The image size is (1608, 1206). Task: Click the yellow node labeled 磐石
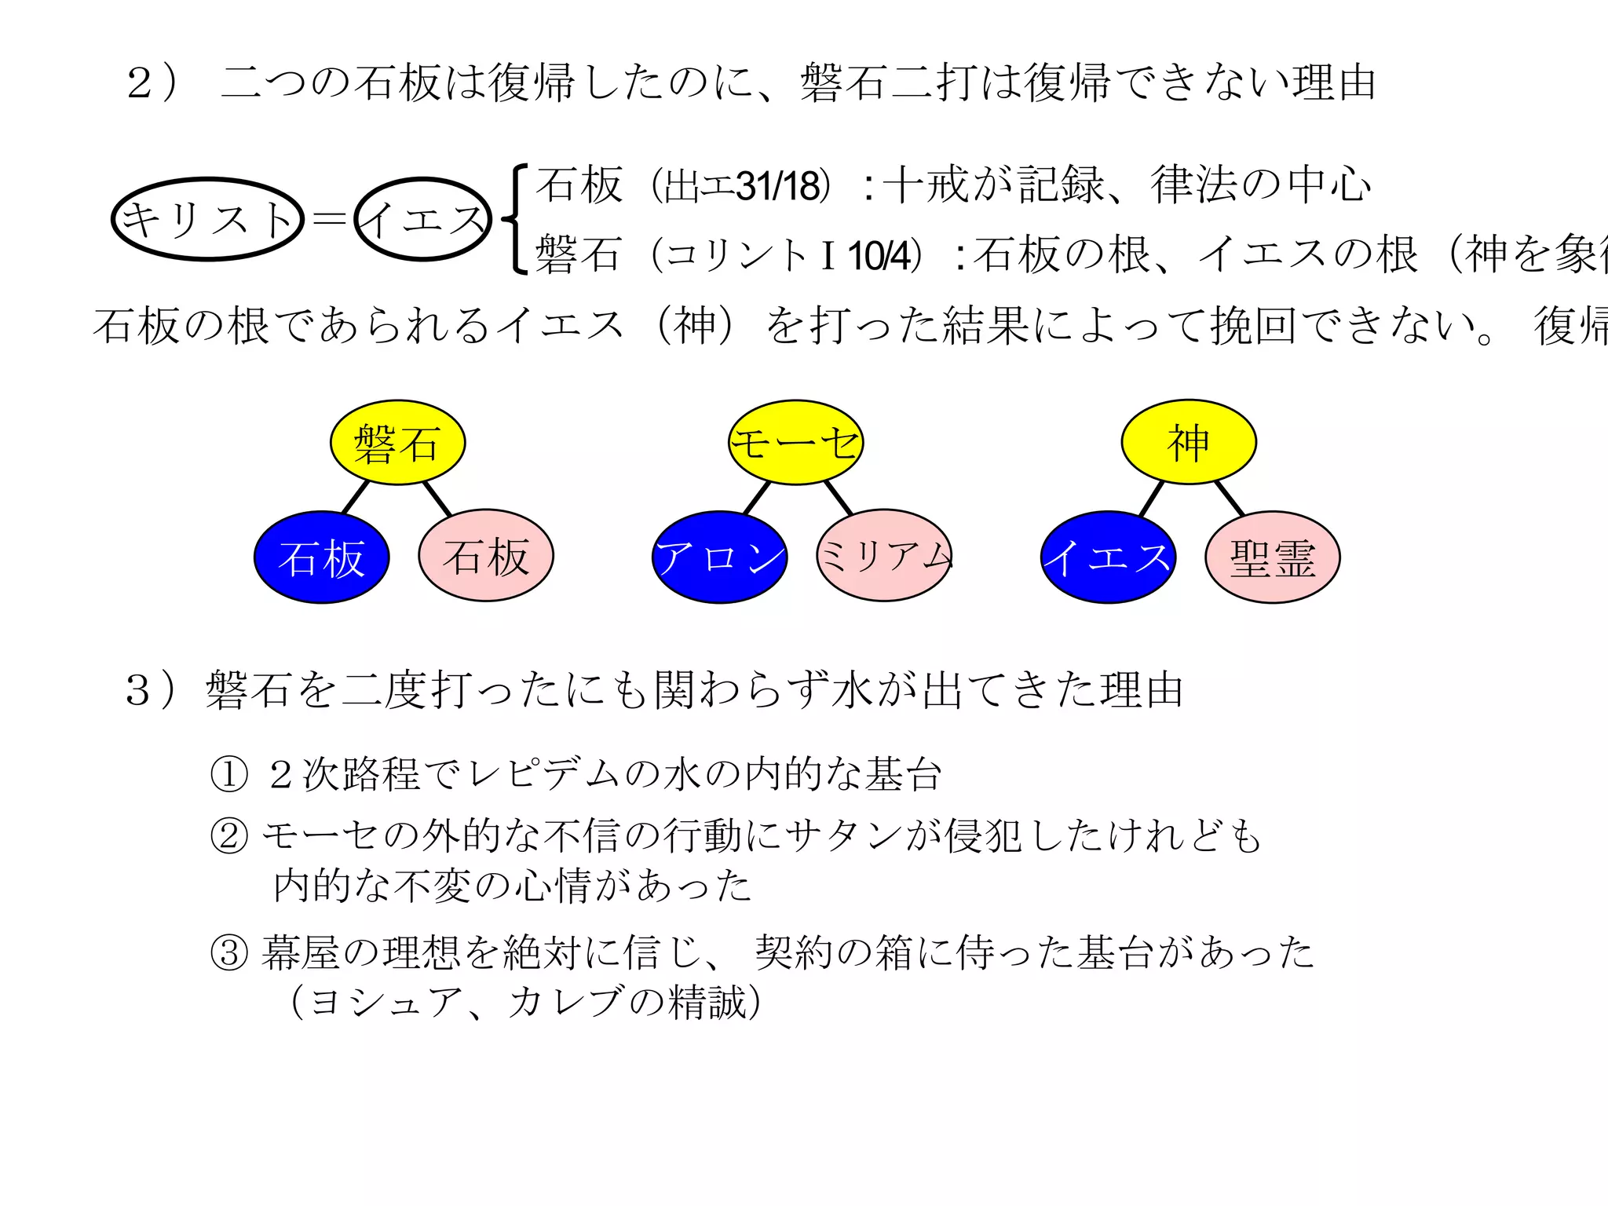[397, 443]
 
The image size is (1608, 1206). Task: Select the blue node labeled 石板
[321, 557]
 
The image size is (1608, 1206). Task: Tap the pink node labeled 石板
[486, 556]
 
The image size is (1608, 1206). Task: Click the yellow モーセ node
[795, 443]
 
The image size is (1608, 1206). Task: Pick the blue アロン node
[719, 557]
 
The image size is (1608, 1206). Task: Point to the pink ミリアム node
[884, 556]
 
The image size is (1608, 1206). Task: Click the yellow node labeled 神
[1189, 443]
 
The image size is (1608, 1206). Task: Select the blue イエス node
[1108, 557]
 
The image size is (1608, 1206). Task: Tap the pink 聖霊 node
[1273, 557]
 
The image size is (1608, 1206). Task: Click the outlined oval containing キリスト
[208, 219]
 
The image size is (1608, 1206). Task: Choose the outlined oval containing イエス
[423, 219]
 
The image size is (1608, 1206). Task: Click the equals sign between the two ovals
[329, 219]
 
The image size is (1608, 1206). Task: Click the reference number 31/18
[780, 187]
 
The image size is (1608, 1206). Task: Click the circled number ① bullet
[229, 774]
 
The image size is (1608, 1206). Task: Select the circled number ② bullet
[229, 835]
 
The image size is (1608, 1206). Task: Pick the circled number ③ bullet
[229, 953]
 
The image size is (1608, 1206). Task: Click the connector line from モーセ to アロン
[757, 498]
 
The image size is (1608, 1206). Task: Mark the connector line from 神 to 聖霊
[1230, 498]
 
